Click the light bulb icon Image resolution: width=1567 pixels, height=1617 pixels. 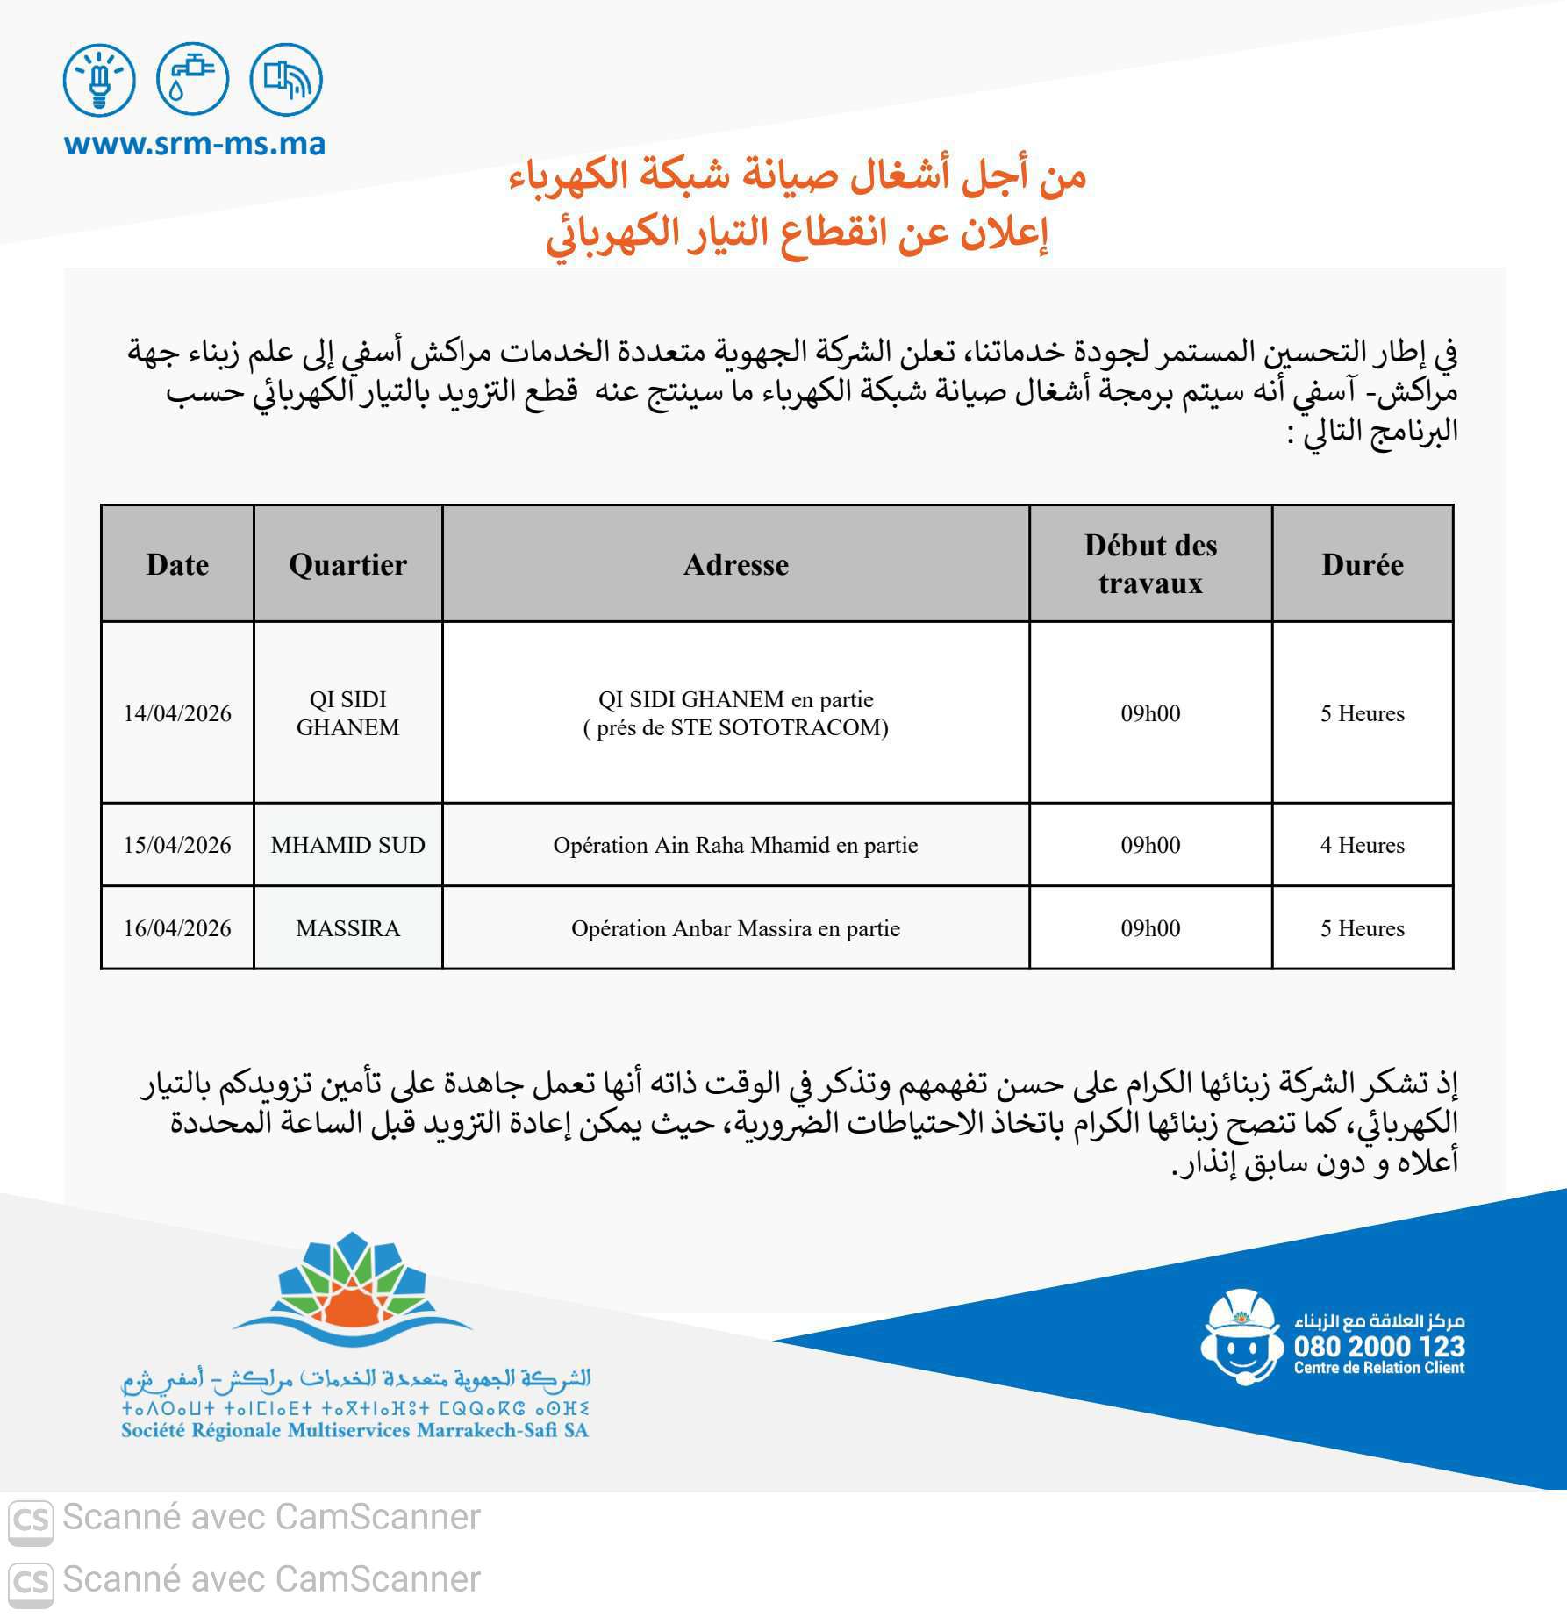tap(99, 80)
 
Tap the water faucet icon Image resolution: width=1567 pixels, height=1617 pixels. tap(192, 80)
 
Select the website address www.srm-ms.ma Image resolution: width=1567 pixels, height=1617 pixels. tap(195, 143)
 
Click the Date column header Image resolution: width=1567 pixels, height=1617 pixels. tap(177, 564)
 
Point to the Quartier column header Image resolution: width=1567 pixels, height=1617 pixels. tap(347, 564)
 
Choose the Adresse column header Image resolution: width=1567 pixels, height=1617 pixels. tap(735, 564)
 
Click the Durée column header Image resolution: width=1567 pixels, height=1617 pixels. tap(1362, 564)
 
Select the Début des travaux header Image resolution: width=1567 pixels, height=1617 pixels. tap(1150, 564)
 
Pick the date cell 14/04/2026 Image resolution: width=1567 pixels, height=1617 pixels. tap(177, 713)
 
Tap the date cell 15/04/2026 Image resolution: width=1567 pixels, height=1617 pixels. tap(177, 845)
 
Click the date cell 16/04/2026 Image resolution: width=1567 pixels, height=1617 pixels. tap(177, 928)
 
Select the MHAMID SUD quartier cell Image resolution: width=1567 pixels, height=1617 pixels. tap(347, 845)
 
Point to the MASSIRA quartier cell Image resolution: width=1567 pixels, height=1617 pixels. tap(347, 928)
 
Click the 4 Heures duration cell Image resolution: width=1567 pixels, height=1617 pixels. tap(1362, 845)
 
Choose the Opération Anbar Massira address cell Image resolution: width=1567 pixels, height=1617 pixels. tap(735, 928)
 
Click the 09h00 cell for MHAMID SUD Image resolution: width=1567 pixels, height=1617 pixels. tap(1150, 845)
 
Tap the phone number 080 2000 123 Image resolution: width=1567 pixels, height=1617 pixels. tap(1379, 1347)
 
